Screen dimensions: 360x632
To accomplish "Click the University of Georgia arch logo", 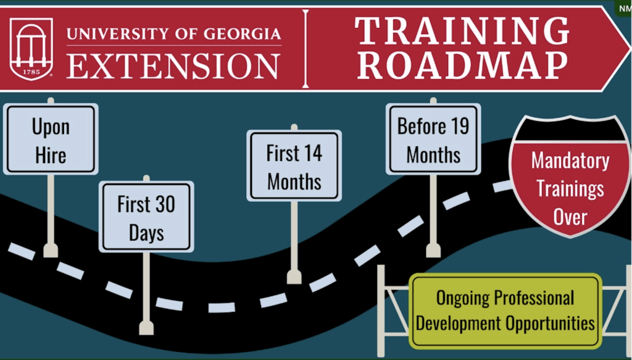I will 31,48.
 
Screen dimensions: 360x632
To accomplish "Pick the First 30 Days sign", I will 146,217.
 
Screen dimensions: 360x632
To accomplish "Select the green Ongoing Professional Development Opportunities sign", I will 505,311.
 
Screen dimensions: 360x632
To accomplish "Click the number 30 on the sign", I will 164,205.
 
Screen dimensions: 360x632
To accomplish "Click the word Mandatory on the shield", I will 570,161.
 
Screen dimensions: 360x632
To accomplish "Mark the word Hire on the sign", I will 51,154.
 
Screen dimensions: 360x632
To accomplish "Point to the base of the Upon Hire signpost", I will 51,250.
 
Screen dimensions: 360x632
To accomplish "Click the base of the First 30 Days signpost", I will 146,327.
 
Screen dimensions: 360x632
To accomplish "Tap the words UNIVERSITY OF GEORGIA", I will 173,33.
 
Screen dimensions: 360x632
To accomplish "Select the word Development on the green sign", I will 459,323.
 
